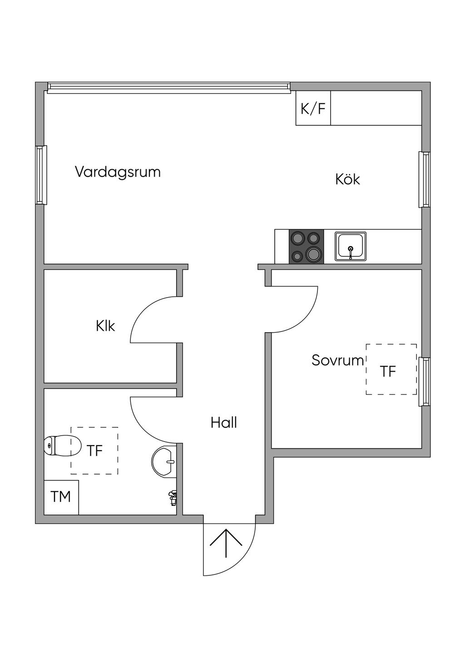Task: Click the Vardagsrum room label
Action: pyautogui.click(x=118, y=172)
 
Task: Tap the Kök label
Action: pyautogui.click(x=347, y=179)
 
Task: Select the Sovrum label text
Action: pyautogui.click(x=337, y=360)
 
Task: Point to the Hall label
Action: pyautogui.click(x=223, y=423)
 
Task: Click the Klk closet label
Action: pyautogui.click(x=105, y=326)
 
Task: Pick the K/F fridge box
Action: pyautogui.click(x=313, y=108)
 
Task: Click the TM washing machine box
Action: pyautogui.click(x=61, y=497)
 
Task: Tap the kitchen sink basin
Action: pyautogui.click(x=351, y=246)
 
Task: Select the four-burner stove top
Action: pyautogui.click(x=307, y=246)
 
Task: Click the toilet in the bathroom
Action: pyautogui.click(x=62, y=445)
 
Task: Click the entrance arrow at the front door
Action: pyautogui.click(x=226, y=543)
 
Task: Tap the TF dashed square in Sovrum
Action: pyautogui.click(x=391, y=369)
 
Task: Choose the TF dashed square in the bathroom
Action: pyautogui.click(x=94, y=451)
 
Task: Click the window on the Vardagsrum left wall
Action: pyautogui.click(x=41, y=175)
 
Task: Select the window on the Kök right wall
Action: pyautogui.click(x=425, y=180)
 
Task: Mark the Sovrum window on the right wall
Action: pyautogui.click(x=425, y=382)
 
